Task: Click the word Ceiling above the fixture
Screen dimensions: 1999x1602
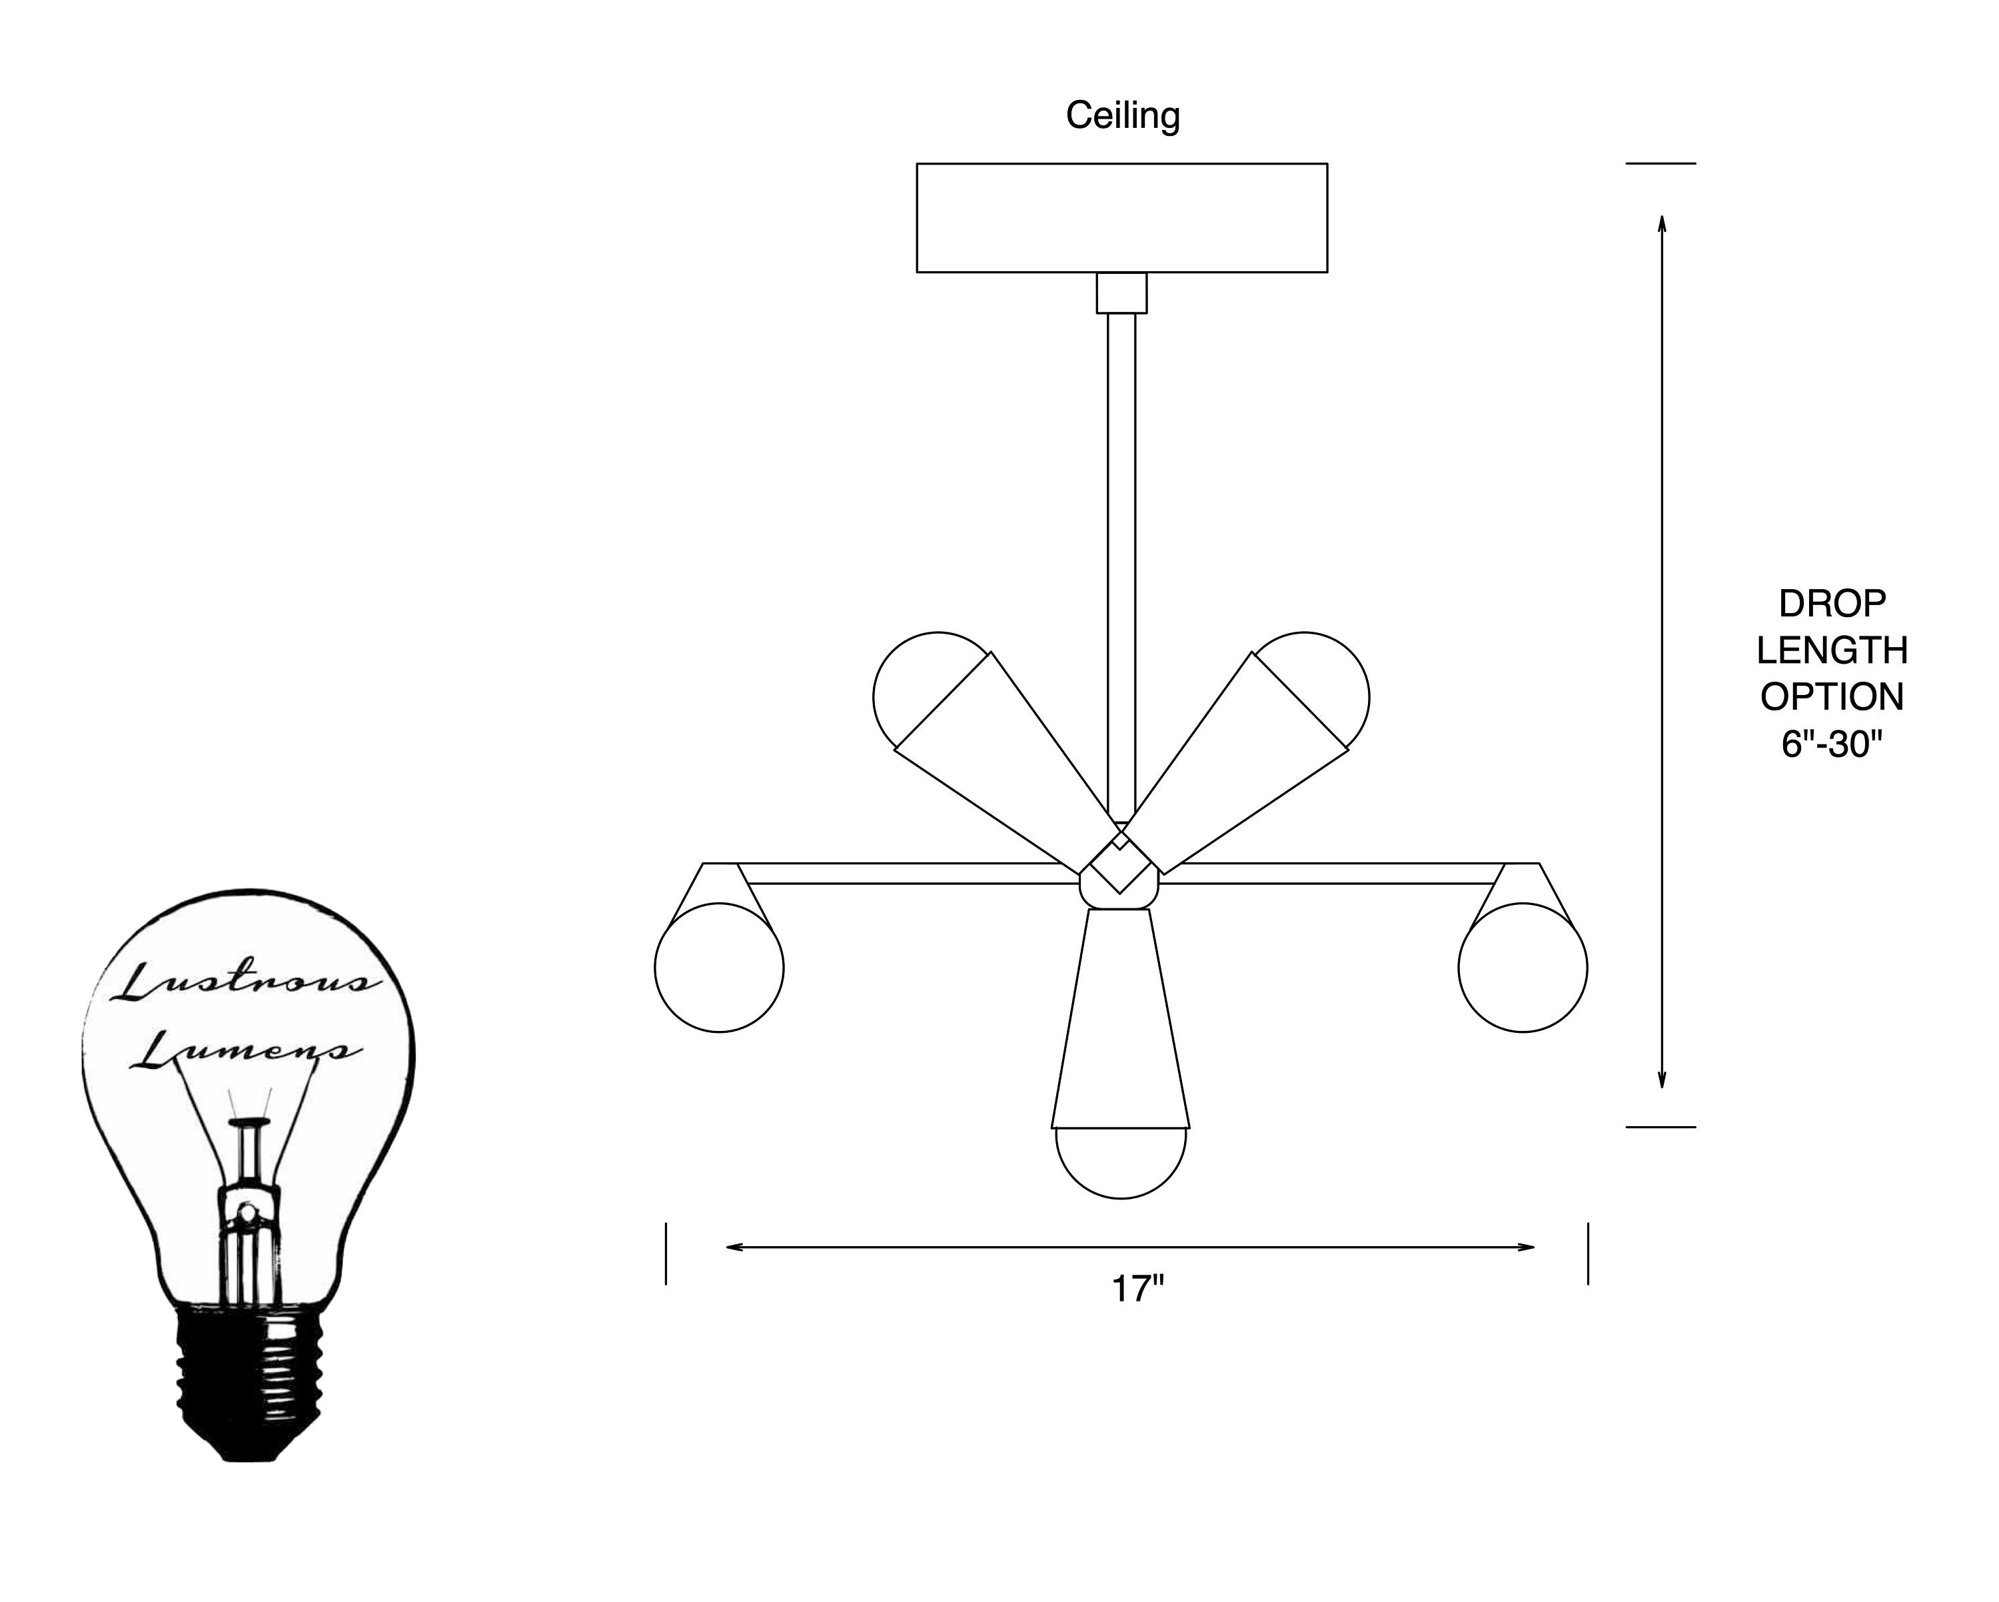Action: click(1122, 116)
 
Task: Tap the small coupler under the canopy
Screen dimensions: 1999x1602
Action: click(1122, 293)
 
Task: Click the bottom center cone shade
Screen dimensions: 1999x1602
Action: click(1121, 1018)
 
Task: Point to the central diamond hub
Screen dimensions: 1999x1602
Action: click(1121, 862)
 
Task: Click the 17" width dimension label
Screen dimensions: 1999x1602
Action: click(1137, 1289)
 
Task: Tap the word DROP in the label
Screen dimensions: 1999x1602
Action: click(1832, 604)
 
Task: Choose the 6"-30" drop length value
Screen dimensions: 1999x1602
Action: click(1832, 744)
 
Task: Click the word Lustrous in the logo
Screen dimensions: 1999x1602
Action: click(245, 981)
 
